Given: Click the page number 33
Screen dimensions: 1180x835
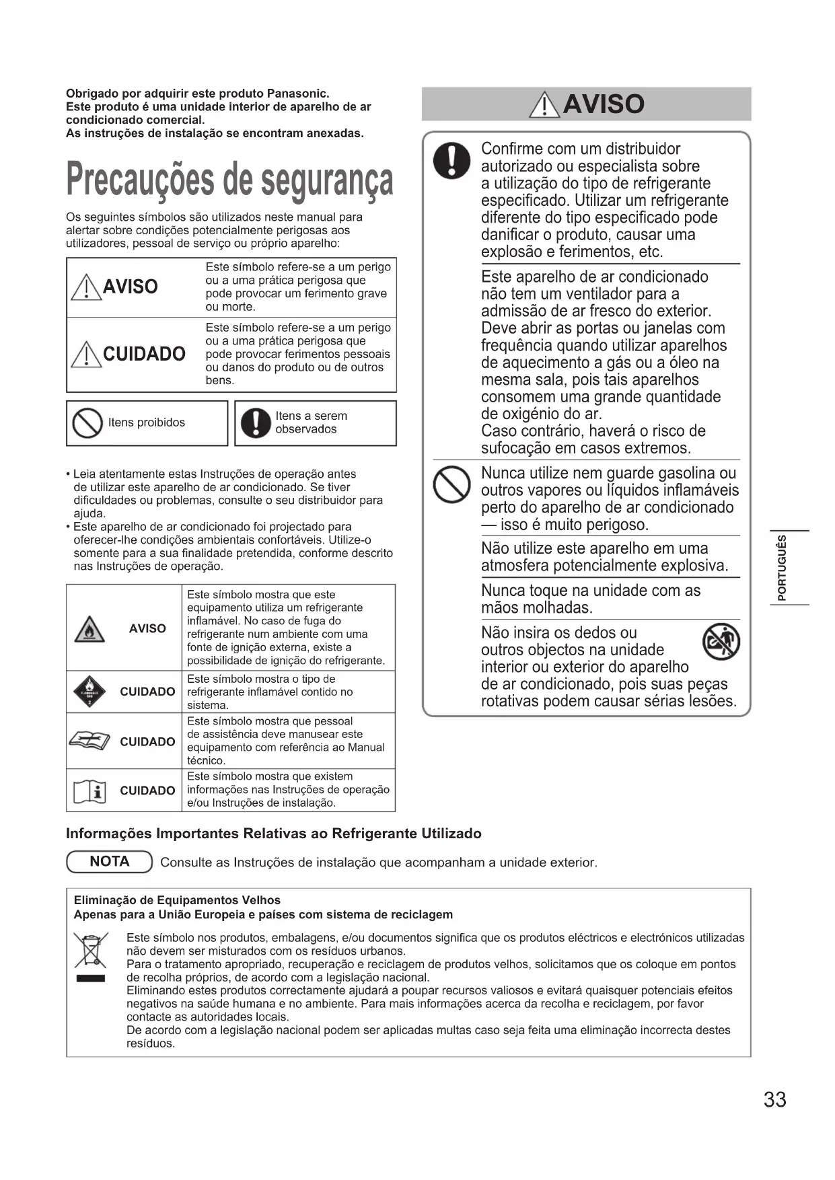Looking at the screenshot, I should [x=774, y=1099].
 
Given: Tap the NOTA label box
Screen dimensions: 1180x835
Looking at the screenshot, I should [x=110, y=862].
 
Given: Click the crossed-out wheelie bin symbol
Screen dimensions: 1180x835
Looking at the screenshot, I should [x=91, y=950].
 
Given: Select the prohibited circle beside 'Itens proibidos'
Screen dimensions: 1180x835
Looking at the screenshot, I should [x=87, y=423].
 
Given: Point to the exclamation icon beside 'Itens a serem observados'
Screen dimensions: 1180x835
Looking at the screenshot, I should [x=256, y=423].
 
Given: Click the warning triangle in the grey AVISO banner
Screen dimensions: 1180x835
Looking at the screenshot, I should [x=544, y=105].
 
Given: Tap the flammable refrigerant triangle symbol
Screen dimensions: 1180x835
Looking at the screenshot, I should [x=89, y=629].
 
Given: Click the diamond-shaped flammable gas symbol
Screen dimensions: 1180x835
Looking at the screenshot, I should [x=89, y=692].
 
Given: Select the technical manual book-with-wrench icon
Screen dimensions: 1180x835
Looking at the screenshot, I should [x=89, y=741].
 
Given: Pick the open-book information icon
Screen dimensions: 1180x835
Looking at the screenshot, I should [x=89, y=791].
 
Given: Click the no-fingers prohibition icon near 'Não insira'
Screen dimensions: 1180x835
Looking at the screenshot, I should [x=721, y=642].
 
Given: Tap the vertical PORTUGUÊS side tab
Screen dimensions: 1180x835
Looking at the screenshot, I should [x=781, y=568].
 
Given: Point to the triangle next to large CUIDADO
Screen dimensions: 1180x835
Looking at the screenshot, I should [x=85, y=355].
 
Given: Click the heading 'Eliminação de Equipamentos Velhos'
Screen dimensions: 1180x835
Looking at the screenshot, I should [x=177, y=900].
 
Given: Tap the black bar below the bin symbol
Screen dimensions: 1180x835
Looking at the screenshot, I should [x=91, y=978].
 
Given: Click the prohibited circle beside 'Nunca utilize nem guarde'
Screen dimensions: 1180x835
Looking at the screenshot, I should [x=451, y=485].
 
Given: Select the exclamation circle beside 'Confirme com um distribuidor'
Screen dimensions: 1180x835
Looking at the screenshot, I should [x=451, y=161].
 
